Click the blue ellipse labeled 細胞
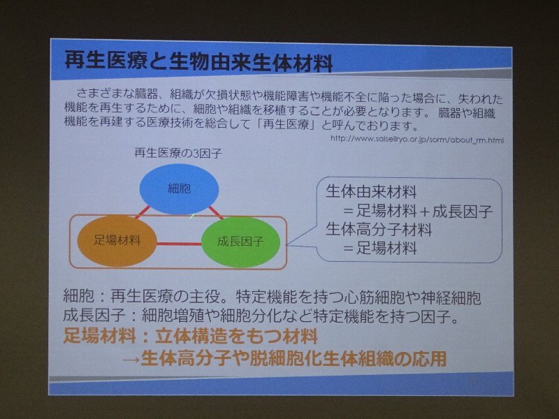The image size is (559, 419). (x=179, y=189)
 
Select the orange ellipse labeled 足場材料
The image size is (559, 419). (x=117, y=241)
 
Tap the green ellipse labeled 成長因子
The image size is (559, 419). (x=240, y=242)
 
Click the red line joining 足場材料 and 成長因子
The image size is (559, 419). (x=179, y=244)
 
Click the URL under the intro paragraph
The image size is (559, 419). (x=416, y=139)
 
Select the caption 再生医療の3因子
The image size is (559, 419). (x=178, y=153)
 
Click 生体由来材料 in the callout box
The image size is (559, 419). (x=371, y=191)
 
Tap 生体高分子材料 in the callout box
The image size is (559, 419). (x=379, y=230)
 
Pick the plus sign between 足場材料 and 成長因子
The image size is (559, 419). (x=424, y=212)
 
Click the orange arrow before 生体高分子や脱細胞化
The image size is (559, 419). (x=131, y=359)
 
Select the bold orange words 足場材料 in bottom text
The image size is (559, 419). (x=99, y=336)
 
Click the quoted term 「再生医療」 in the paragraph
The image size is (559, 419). (x=285, y=125)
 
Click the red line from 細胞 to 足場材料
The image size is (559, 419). (x=143, y=212)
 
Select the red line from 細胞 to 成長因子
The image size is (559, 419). (x=216, y=213)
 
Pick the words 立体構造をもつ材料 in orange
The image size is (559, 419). (x=235, y=337)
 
